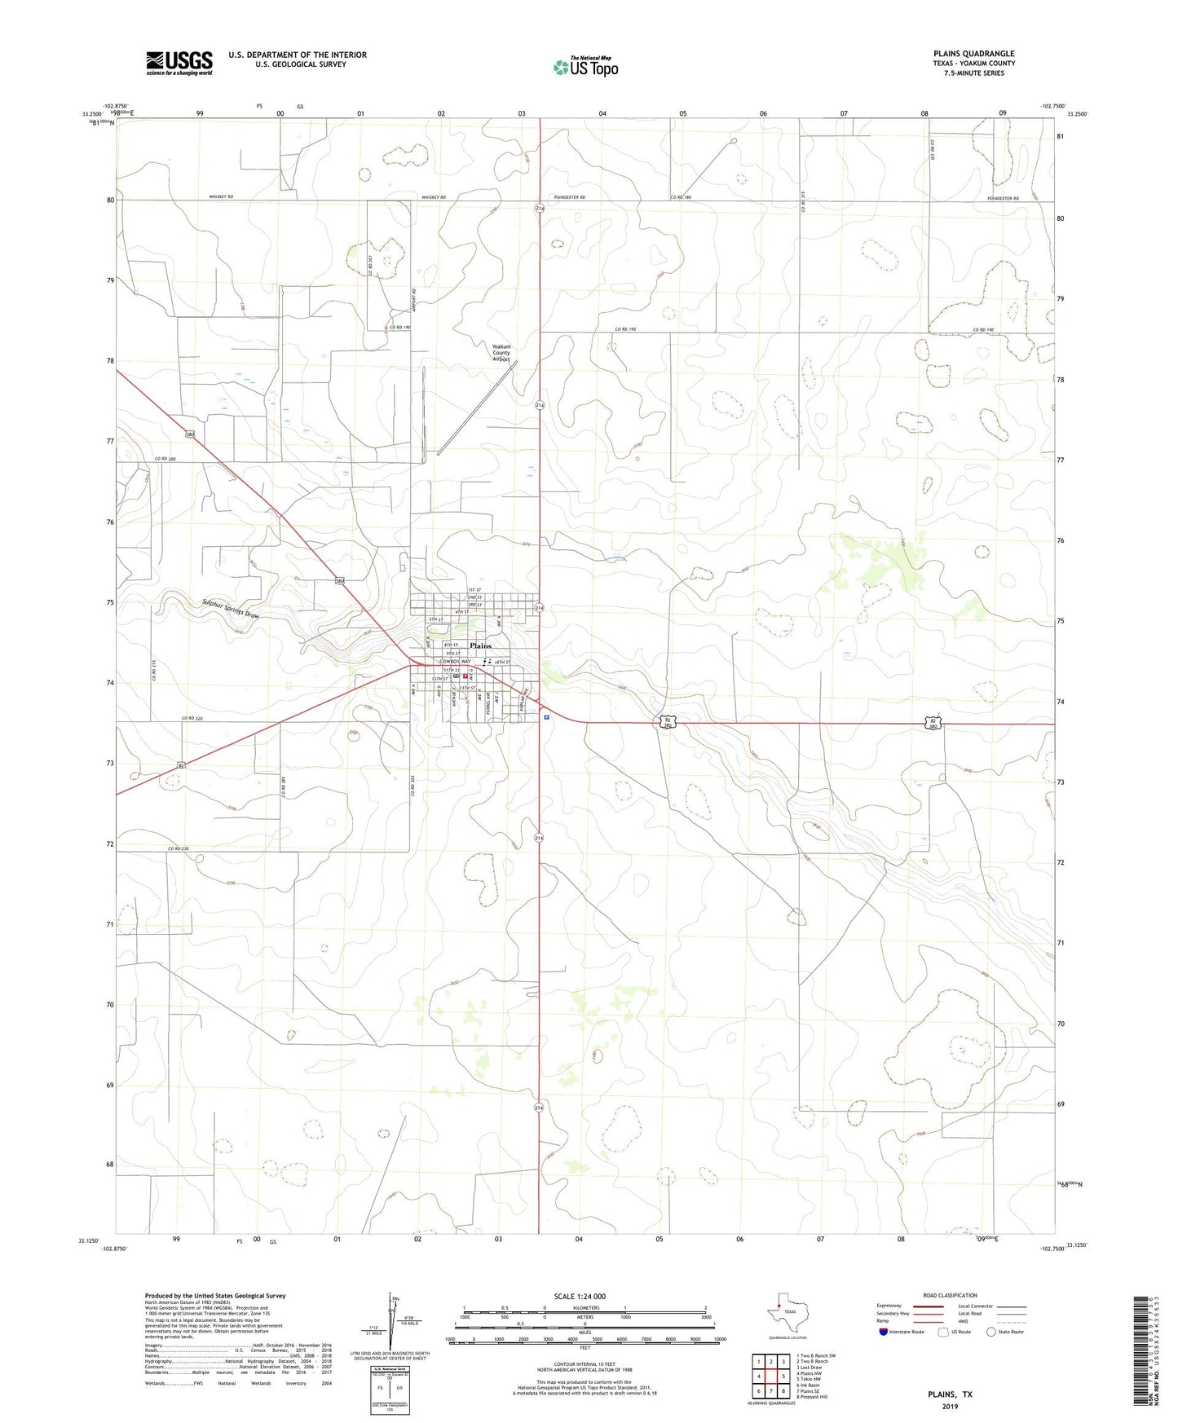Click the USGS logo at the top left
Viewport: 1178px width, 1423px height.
click(179, 63)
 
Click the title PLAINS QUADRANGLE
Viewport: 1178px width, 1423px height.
click(974, 54)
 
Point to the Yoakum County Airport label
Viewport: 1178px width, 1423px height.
click(501, 352)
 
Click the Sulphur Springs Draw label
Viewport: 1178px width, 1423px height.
click(231, 609)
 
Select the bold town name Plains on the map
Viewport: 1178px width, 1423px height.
click(480, 645)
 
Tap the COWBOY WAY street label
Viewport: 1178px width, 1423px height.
click(455, 662)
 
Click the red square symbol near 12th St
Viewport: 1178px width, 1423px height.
click(465, 676)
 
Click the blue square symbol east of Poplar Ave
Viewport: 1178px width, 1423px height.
click(546, 717)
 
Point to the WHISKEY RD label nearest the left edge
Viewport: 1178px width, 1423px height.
click(221, 197)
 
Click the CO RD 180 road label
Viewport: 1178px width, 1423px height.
click(681, 197)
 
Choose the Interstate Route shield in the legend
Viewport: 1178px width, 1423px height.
click(884, 1332)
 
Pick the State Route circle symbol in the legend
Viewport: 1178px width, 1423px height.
click(990, 1332)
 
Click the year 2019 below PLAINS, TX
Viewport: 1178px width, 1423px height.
click(950, 1407)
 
